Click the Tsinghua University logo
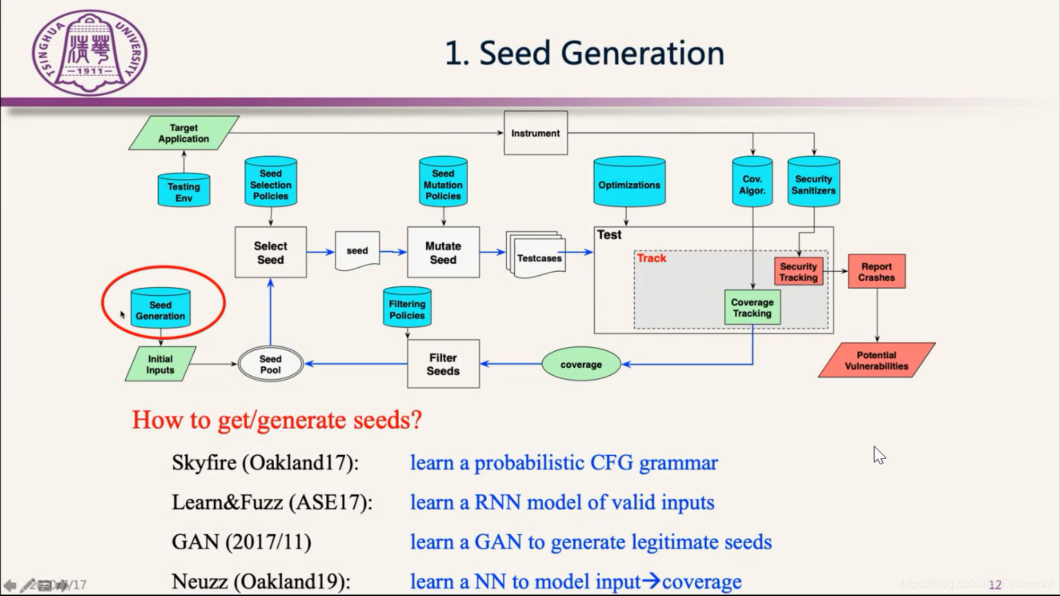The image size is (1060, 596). (90, 52)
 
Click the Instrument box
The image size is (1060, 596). (535, 133)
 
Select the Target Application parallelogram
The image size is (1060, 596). (183, 133)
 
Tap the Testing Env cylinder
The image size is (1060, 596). (183, 191)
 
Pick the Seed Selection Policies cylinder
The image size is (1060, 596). (270, 183)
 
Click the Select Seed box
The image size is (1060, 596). (270, 252)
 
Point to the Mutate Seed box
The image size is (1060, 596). (443, 252)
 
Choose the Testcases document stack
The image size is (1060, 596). (538, 256)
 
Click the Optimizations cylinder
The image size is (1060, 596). (629, 183)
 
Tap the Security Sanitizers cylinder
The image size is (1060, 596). (813, 183)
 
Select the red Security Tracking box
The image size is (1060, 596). (798, 271)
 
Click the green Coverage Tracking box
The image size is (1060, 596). (752, 307)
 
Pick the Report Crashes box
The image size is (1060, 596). (876, 271)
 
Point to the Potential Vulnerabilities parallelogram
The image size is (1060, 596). (877, 360)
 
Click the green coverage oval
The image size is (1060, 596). (581, 364)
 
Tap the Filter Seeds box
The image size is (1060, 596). (443, 364)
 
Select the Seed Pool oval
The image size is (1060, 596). (270, 364)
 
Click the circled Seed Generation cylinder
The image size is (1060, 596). (160, 309)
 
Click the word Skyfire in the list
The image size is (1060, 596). (203, 462)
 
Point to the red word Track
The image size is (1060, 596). (651, 258)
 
